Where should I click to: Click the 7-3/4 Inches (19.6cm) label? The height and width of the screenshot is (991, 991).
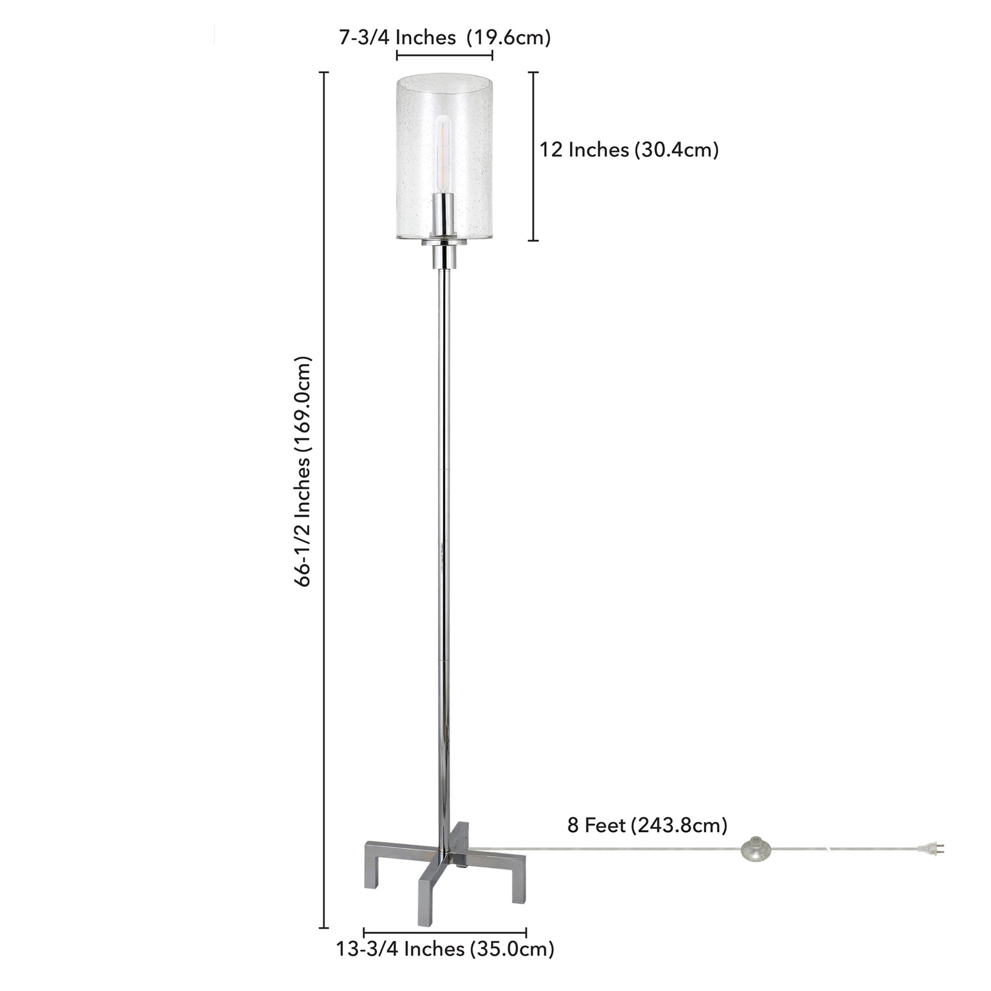click(x=444, y=37)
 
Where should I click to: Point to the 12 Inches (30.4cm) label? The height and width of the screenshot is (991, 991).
click(x=629, y=150)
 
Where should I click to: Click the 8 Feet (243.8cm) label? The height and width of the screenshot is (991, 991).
click(x=647, y=825)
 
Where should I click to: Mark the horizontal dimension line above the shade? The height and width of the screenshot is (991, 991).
click(x=444, y=55)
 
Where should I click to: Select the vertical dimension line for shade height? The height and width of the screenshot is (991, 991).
click(x=533, y=156)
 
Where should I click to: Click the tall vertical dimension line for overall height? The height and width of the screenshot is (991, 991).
click(x=324, y=508)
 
